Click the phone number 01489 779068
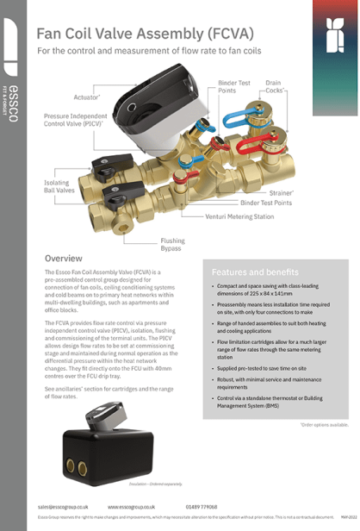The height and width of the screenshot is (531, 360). (x=202, y=507)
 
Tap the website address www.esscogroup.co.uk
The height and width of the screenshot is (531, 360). (x=131, y=507)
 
